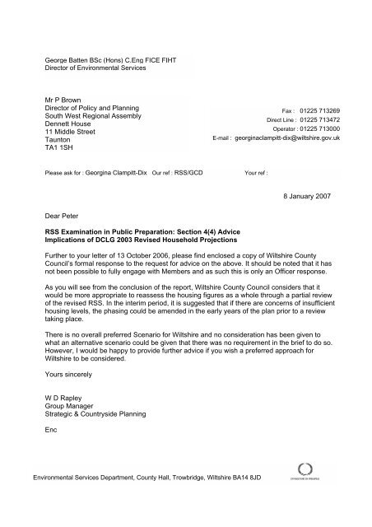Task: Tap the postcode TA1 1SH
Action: point(60,148)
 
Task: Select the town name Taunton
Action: point(57,138)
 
